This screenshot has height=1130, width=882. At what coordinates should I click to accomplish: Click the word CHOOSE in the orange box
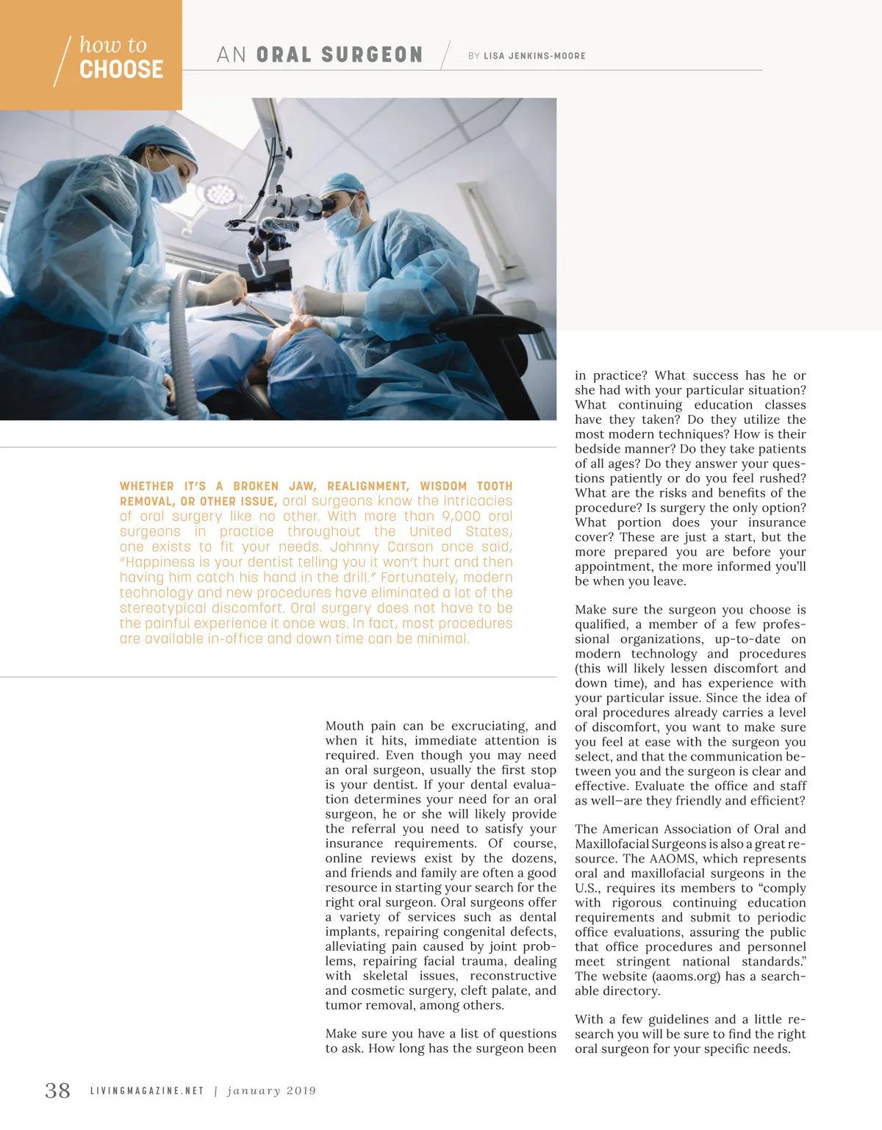121,70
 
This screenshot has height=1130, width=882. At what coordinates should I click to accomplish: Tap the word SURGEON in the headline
372,55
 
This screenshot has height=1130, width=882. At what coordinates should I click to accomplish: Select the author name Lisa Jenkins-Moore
534,56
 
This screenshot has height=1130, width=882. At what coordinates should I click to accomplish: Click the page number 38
57,1090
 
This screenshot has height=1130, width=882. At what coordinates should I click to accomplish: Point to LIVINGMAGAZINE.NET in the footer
147,1091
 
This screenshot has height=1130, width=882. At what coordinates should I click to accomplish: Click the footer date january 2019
271,1091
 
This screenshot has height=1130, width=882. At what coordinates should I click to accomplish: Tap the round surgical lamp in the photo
220,194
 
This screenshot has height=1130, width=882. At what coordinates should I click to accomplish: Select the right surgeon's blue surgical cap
345,183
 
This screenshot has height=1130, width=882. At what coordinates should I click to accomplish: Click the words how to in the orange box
113,45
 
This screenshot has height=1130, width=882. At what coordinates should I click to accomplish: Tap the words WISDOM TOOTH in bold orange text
466,486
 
